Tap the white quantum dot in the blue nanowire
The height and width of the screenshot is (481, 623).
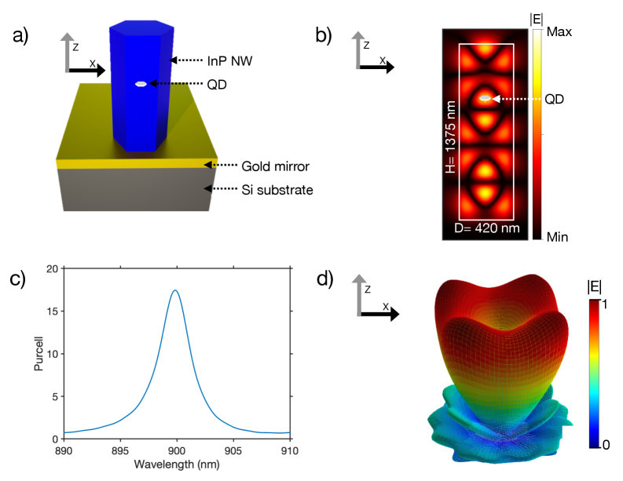click(141, 83)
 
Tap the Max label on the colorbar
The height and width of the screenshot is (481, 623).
click(559, 33)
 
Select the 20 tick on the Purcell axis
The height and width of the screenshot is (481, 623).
click(52, 269)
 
